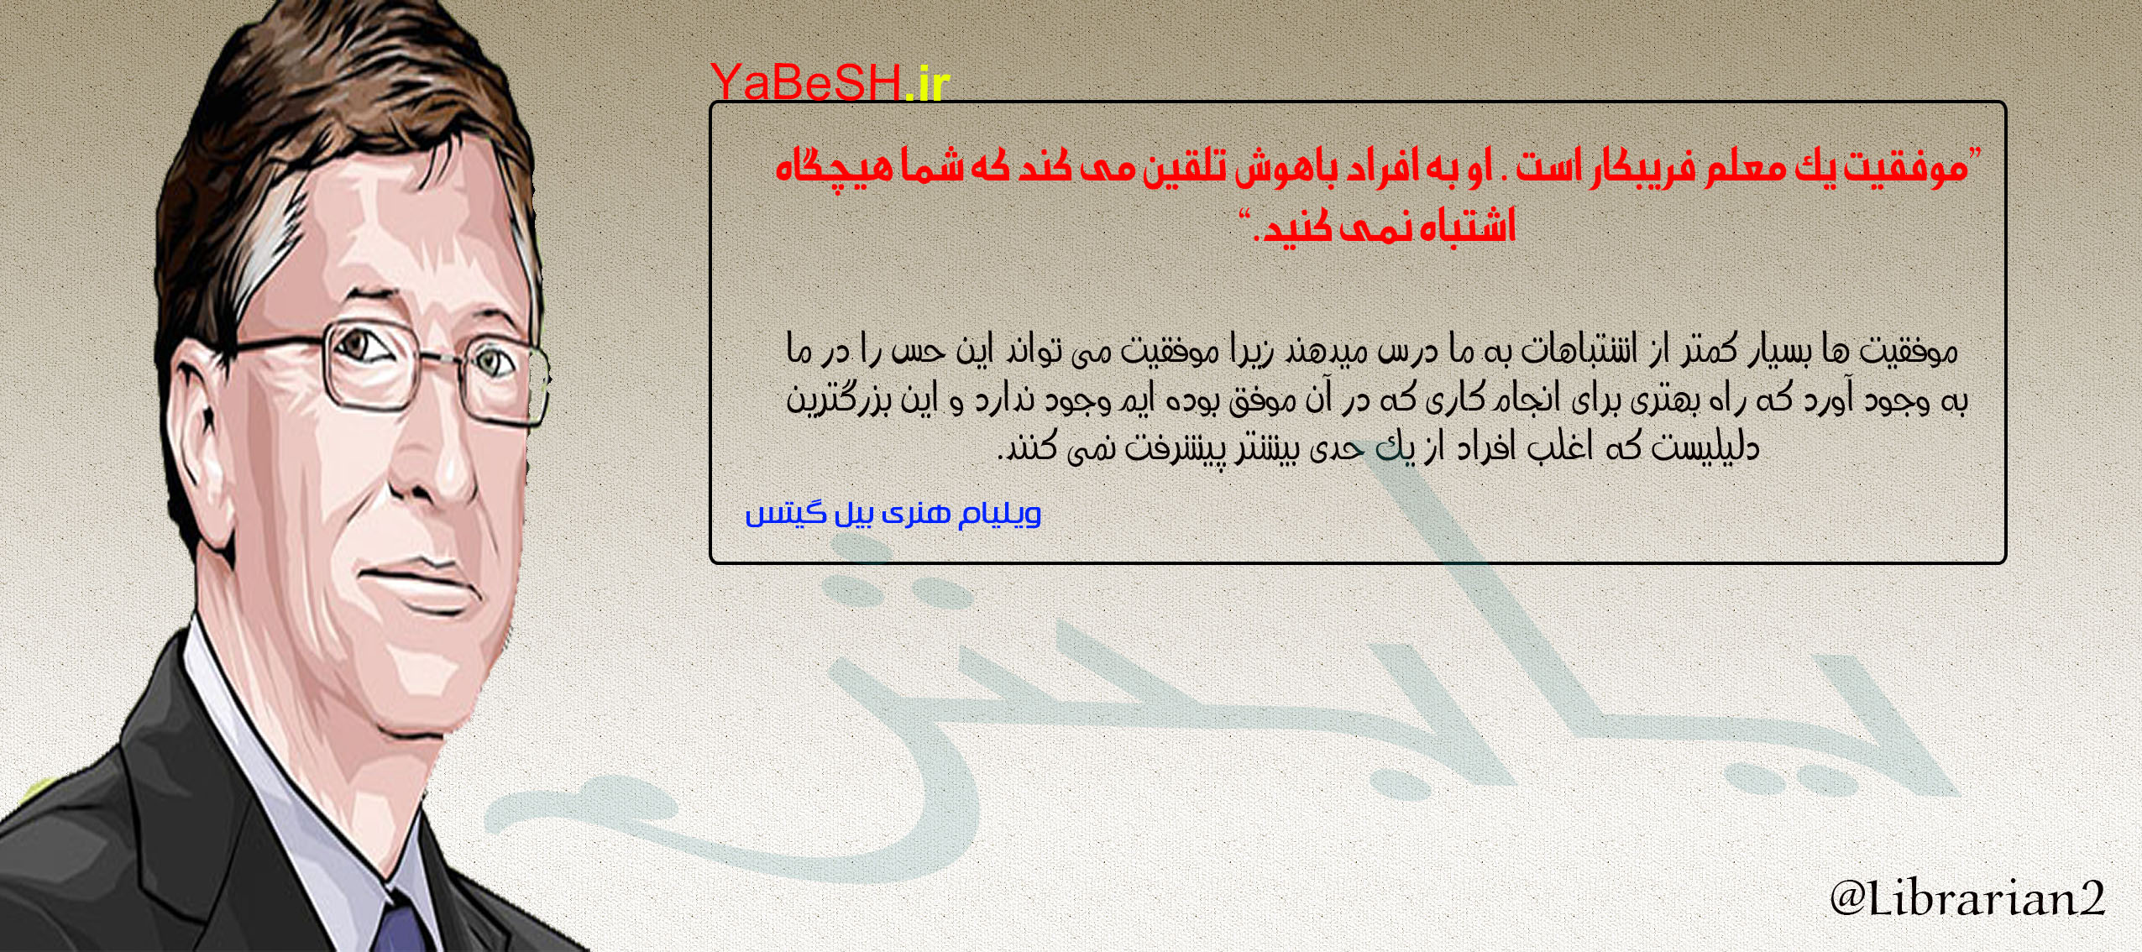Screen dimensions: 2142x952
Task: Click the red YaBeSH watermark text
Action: click(x=806, y=82)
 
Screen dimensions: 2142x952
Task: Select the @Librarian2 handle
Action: click(x=1967, y=897)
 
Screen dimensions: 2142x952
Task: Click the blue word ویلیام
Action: click(x=999, y=513)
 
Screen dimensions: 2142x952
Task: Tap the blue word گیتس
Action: click(x=773, y=513)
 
